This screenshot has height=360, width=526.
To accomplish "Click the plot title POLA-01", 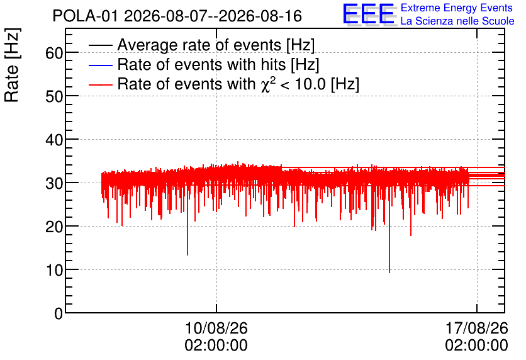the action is pyautogui.click(x=85, y=16).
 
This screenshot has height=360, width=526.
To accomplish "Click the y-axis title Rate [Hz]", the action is pyautogui.click(x=13, y=65).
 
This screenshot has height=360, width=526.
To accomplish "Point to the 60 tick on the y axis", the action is pyautogui.click(x=54, y=53).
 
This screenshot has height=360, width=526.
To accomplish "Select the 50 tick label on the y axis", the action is pyautogui.click(x=54, y=96).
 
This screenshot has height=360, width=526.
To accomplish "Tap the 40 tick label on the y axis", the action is pyautogui.click(x=54, y=140).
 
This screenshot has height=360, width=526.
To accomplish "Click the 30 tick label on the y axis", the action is pyautogui.click(x=54, y=183).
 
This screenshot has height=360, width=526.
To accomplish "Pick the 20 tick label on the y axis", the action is pyautogui.click(x=54, y=227).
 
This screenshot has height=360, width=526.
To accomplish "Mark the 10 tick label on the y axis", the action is pyautogui.click(x=54, y=270).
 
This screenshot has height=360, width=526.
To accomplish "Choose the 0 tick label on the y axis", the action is pyautogui.click(x=59, y=313).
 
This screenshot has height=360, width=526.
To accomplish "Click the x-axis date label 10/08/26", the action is pyautogui.click(x=216, y=328).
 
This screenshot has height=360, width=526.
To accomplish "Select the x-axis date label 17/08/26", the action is pyautogui.click(x=477, y=328).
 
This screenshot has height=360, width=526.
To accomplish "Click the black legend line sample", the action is pyautogui.click(x=100, y=45).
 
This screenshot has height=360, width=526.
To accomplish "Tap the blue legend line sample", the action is pyautogui.click(x=100, y=65).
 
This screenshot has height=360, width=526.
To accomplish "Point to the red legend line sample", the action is pyautogui.click(x=100, y=84).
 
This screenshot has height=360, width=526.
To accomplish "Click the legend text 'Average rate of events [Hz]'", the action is pyautogui.click(x=216, y=45).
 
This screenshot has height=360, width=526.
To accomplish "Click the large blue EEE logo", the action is pyautogui.click(x=369, y=14).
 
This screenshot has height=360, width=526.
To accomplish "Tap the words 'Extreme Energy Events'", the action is pyautogui.click(x=457, y=8).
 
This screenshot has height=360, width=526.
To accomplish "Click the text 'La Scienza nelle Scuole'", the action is pyautogui.click(x=457, y=21).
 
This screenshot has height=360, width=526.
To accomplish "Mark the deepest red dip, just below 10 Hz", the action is pyautogui.click(x=389, y=273).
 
